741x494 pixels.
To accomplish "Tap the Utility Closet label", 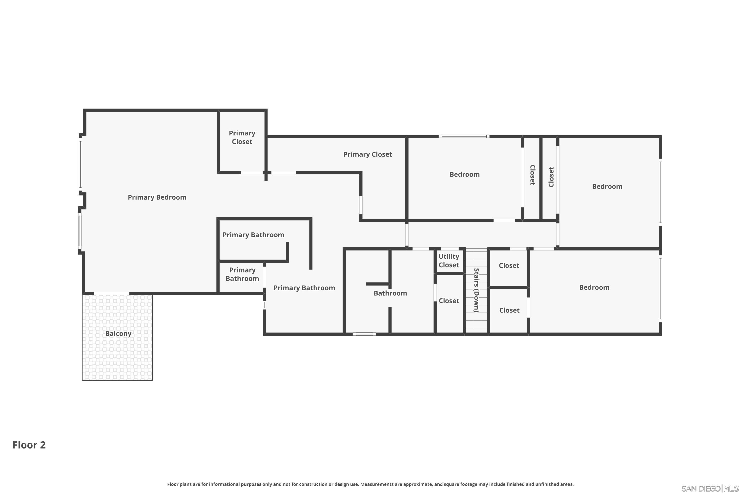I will click(x=449, y=261).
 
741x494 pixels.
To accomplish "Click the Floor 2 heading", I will click(x=29, y=445).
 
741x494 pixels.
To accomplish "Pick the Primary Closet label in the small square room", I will click(x=242, y=137).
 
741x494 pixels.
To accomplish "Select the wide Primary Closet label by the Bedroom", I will click(x=367, y=154).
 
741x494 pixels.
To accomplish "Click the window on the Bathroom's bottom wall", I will click(x=364, y=334).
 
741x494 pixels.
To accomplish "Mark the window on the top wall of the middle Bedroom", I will click(x=464, y=136).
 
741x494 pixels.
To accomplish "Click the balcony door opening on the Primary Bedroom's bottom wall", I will click(x=112, y=293).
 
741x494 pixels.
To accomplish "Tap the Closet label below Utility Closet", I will click(x=449, y=301).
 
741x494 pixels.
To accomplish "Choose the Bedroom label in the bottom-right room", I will click(x=594, y=287).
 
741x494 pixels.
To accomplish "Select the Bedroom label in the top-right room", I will click(x=607, y=186).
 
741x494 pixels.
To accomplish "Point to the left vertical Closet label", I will click(x=532, y=175).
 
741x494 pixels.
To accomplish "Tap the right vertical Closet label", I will click(x=551, y=177).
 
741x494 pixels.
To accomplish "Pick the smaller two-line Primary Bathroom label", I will click(x=242, y=274).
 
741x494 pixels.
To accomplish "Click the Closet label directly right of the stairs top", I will click(x=509, y=266).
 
